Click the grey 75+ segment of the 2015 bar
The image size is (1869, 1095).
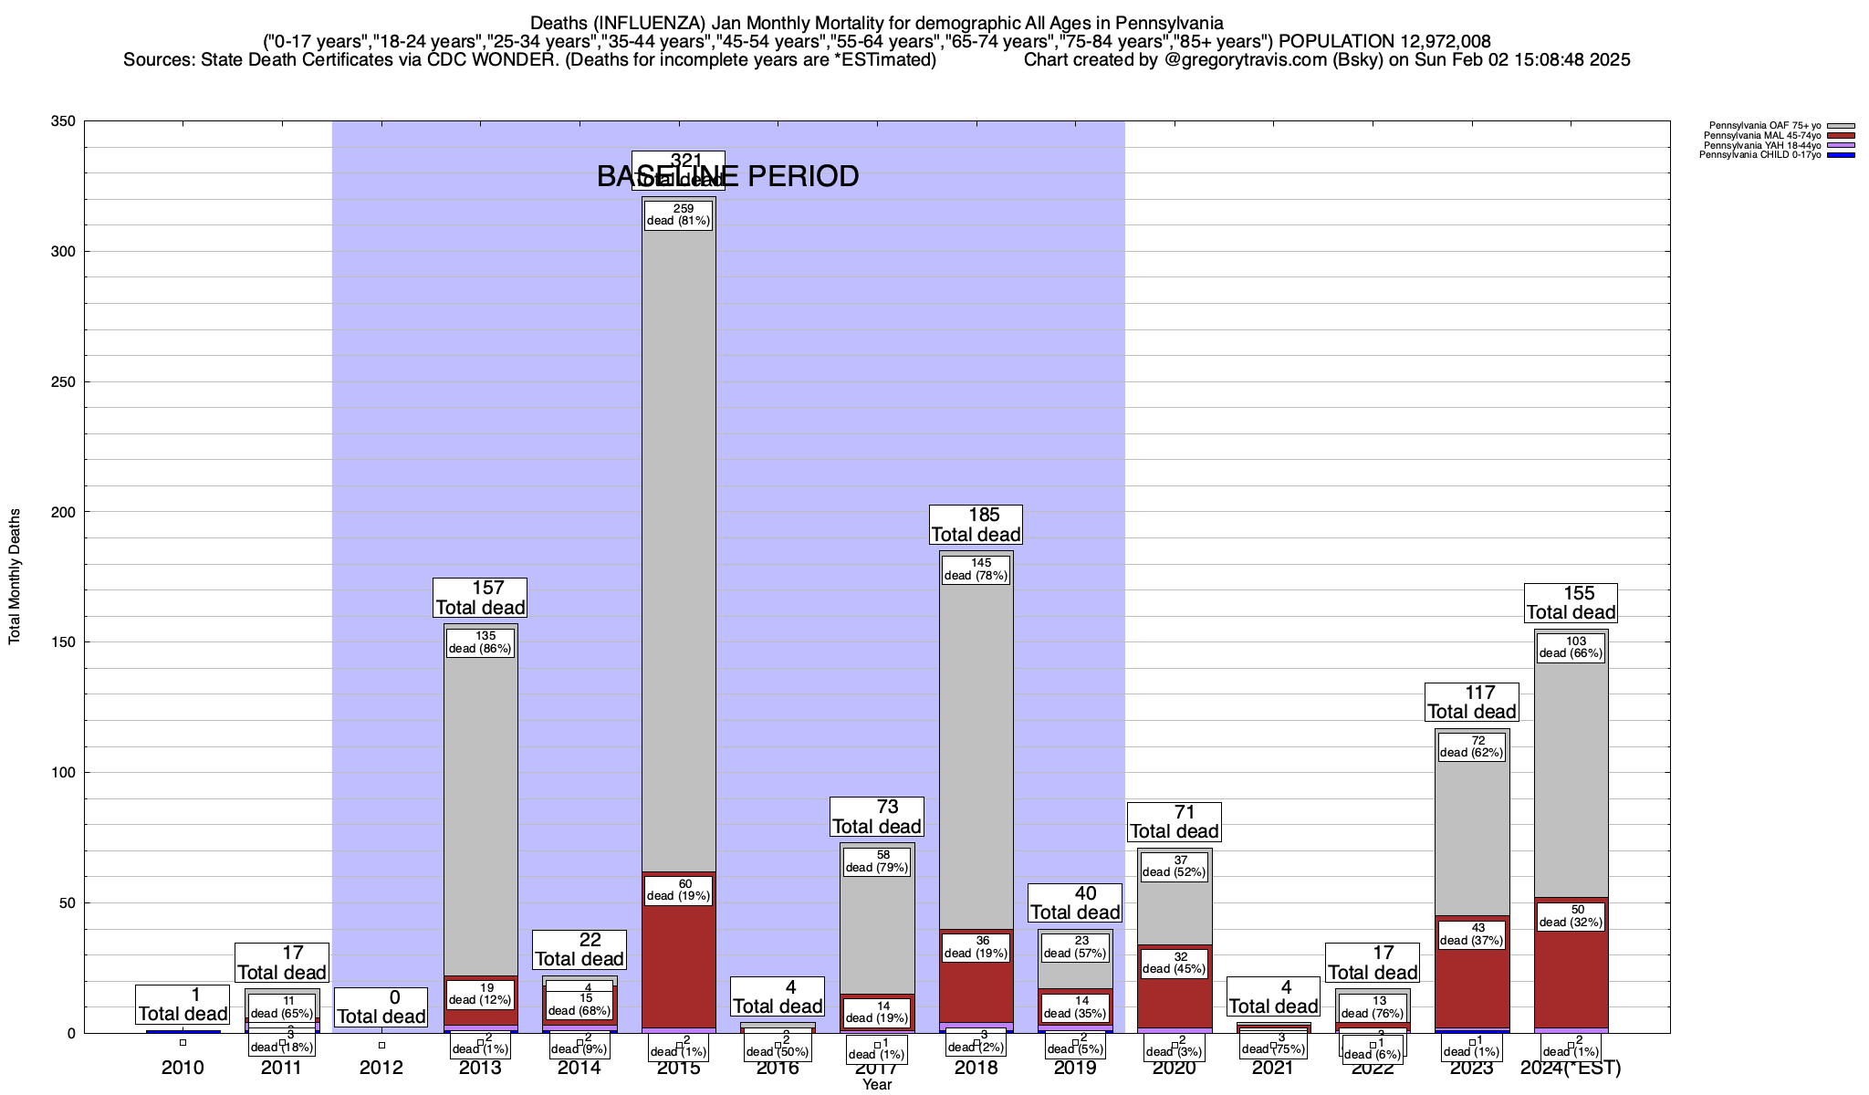click(679, 547)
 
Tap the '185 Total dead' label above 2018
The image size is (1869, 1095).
click(976, 525)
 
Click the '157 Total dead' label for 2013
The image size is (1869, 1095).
click(480, 598)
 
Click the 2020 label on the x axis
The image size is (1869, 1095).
click(1174, 1068)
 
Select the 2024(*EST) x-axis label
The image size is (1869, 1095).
click(1571, 1068)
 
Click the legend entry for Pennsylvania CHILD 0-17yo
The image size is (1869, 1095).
click(1759, 155)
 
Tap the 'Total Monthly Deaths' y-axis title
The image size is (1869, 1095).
click(15, 577)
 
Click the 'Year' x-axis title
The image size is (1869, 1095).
click(877, 1085)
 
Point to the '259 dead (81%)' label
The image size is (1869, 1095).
click(678, 215)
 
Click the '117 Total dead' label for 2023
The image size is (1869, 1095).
click(1472, 703)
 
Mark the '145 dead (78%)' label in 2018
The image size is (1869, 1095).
click(976, 569)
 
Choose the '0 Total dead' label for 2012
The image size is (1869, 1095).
click(381, 1007)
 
